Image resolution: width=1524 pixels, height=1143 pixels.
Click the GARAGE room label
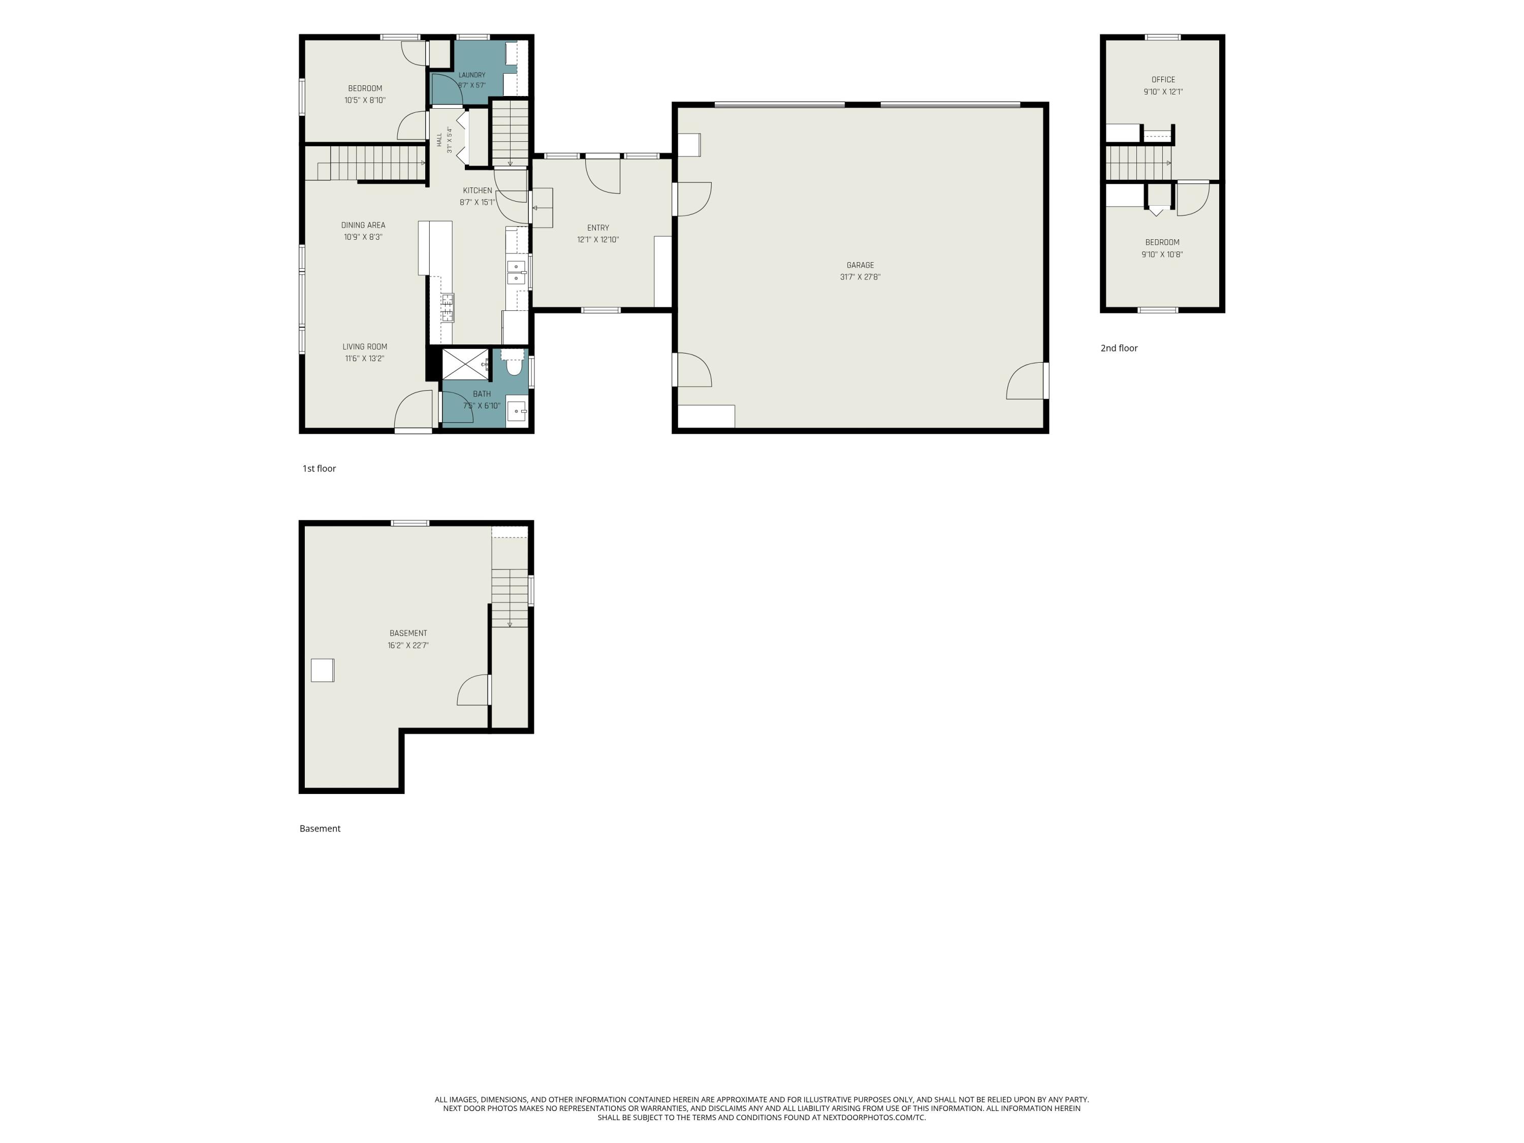pyautogui.click(x=860, y=265)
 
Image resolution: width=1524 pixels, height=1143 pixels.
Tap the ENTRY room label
pyautogui.click(x=598, y=228)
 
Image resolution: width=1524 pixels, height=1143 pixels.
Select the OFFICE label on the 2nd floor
pyautogui.click(x=1163, y=80)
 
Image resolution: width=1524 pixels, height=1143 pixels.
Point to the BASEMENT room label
pyautogui.click(x=408, y=633)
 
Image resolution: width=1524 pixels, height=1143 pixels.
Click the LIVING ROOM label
pyautogui.click(x=364, y=346)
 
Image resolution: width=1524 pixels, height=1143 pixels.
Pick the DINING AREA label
pyautogui.click(x=363, y=225)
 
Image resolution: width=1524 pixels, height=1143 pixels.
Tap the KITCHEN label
pyautogui.click(x=478, y=191)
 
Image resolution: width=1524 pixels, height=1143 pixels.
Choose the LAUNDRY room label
pyautogui.click(x=472, y=75)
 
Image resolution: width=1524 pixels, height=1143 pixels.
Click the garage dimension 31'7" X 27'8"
pyautogui.click(x=860, y=277)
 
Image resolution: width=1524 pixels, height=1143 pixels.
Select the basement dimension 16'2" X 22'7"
pyautogui.click(x=408, y=646)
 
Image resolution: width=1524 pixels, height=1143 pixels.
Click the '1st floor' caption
pyautogui.click(x=319, y=468)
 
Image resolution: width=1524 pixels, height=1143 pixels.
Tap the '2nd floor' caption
pyautogui.click(x=1119, y=348)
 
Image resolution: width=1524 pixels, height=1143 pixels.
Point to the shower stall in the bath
pyautogui.click(x=465, y=364)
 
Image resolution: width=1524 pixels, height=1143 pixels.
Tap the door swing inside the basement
pyautogui.click(x=473, y=690)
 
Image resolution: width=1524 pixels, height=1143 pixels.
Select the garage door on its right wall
pyautogui.click(x=1027, y=381)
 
